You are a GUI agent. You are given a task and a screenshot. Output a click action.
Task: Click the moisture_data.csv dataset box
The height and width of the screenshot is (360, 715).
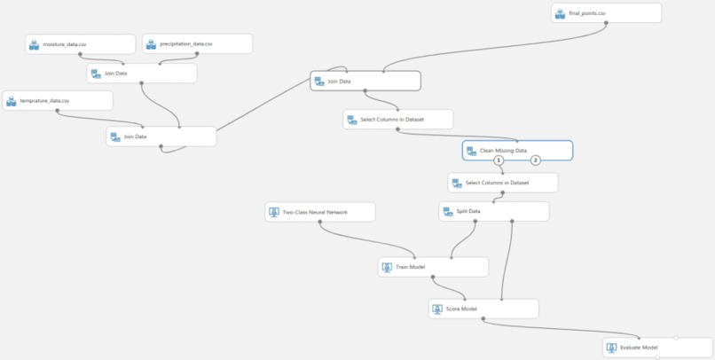[80, 44]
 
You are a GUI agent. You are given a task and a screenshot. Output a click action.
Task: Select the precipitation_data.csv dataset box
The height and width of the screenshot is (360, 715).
[198, 43]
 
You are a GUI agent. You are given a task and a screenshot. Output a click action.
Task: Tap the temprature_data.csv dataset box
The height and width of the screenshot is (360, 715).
[58, 100]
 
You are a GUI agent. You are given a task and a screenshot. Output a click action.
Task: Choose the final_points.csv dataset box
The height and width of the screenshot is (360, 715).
[607, 13]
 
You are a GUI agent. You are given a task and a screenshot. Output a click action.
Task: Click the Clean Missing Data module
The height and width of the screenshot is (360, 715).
[517, 151]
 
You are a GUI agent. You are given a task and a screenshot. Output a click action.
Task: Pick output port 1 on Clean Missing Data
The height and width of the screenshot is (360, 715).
[499, 160]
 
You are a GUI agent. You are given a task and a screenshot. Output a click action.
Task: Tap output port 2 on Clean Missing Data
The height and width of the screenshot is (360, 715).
[536, 160]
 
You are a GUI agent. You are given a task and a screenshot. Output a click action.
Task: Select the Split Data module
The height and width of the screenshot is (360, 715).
[494, 211]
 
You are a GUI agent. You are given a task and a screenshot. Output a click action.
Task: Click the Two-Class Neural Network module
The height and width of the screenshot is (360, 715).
[320, 212]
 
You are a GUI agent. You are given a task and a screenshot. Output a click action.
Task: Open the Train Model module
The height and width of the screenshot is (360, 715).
[433, 267]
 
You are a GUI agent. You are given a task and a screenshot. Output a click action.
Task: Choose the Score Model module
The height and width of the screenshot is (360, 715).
[483, 309]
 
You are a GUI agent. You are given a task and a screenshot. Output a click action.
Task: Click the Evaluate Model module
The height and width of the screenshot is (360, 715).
[657, 348]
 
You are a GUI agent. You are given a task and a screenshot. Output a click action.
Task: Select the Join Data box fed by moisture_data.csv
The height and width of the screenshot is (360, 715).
[142, 74]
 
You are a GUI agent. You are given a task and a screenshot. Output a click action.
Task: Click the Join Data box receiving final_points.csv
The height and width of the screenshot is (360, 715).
[365, 81]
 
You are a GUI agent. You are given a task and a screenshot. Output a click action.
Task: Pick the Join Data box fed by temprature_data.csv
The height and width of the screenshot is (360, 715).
[161, 137]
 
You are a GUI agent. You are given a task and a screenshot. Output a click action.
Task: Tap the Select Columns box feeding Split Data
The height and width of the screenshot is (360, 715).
[503, 183]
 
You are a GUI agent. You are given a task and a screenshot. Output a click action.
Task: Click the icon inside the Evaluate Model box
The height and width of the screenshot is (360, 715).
[611, 348]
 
